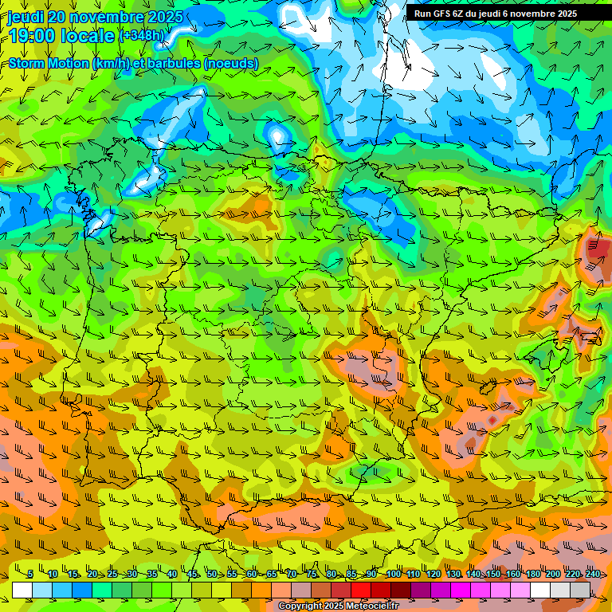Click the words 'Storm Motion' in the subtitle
(48, 63)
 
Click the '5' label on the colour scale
(30, 575)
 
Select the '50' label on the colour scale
(211, 575)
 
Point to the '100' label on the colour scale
(394, 575)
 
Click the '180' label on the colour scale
(532, 575)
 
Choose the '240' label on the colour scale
(592, 575)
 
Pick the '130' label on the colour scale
(453, 575)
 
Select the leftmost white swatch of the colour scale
(22, 590)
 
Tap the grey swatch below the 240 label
(580, 590)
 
